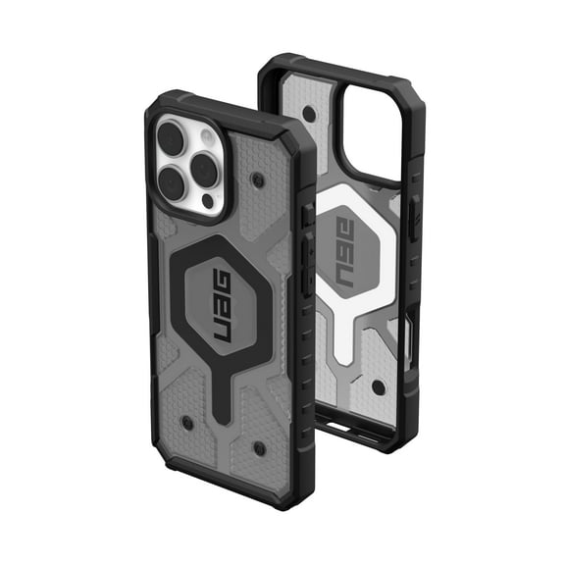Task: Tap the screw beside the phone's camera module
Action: coord(257,181)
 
